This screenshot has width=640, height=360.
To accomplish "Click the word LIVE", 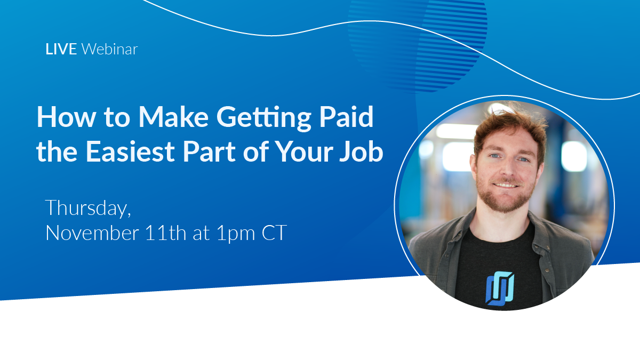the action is click(x=61, y=49).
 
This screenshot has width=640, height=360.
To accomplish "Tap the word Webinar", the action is click(x=110, y=49).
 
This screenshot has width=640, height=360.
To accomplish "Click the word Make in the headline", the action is click(x=173, y=117).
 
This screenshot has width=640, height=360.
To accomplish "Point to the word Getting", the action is click(x=263, y=118).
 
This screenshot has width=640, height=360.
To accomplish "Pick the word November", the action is click(x=92, y=233).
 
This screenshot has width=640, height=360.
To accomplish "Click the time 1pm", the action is click(x=236, y=234).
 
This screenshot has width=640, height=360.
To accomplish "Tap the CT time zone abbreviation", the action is click(x=274, y=233).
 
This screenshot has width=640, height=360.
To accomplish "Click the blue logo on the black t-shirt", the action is click(x=500, y=289).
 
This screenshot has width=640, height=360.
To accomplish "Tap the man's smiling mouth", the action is click(x=506, y=185).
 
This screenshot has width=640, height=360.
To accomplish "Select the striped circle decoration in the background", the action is click(x=418, y=46).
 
